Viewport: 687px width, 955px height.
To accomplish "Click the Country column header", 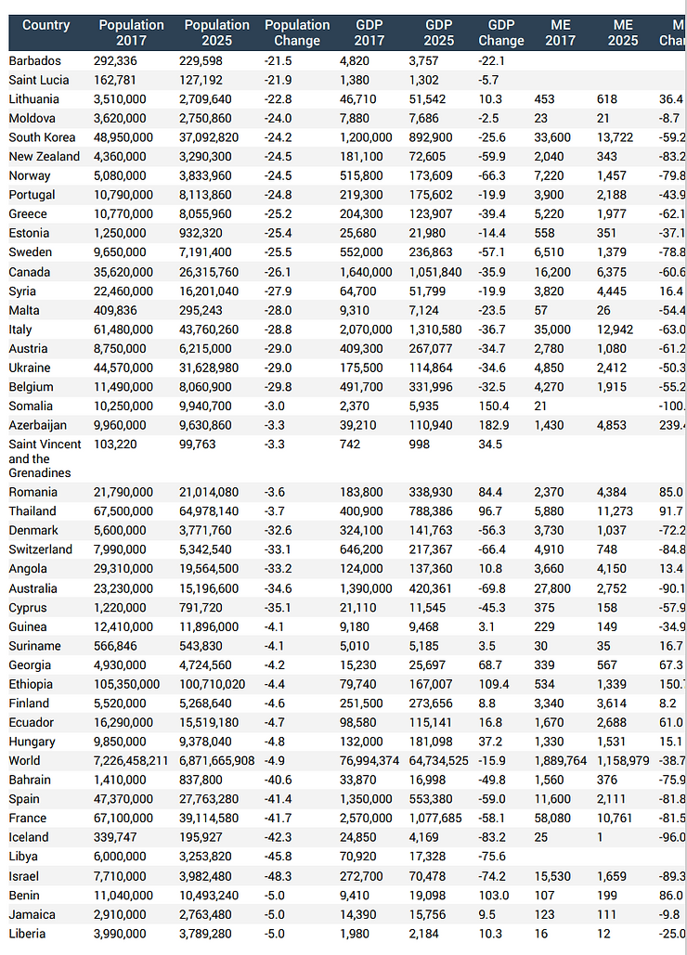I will pyautogui.click(x=45, y=25).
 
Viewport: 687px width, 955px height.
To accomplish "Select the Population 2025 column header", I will pyautogui.click(x=216, y=32).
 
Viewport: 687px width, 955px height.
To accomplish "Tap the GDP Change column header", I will pyautogui.click(x=501, y=32).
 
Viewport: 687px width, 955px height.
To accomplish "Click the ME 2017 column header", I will pyautogui.click(x=561, y=32).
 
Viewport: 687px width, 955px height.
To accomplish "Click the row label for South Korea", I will pyautogui.click(x=44, y=137).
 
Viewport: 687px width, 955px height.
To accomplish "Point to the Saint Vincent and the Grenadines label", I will pyautogui.click(x=45, y=458).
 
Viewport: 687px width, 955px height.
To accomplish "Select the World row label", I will pyautogui.click(x=25, y=761).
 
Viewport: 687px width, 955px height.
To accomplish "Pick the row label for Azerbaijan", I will pyautogui.click(x=39, y=425).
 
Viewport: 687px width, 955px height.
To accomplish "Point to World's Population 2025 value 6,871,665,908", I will pyautogui.click(x=219, y=761).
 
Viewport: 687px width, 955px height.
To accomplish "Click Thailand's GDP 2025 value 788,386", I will pyautogui.click(x=431, y=511).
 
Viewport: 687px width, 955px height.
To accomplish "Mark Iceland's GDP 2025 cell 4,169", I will pyautogui.click(x=422, y=837).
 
